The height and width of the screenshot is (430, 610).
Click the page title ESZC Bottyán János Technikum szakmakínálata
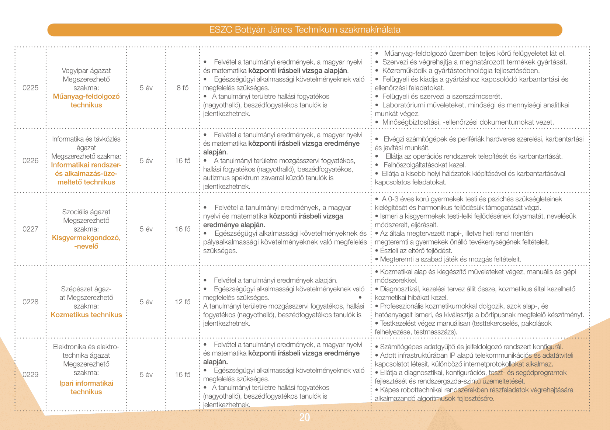pos(305,30)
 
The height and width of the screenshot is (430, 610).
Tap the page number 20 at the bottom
pos(305,417)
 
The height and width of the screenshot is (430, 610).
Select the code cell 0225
pos(30,88)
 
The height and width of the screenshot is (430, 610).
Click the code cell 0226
pos(30,161)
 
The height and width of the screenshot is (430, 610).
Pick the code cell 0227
pos(30,229)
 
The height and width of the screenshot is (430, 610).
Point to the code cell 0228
pos(30,302)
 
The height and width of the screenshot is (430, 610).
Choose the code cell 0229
pos(30,375)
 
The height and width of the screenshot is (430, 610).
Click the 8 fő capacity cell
pos(183,88)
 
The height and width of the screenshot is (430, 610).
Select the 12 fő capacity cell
pos(183,302)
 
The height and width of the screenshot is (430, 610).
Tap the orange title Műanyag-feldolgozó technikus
pos(86,101)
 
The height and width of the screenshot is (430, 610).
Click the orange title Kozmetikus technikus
pos(86,315)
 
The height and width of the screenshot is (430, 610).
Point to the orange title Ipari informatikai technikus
pos(86,388)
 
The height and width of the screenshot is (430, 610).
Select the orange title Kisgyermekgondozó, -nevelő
pos(86,242)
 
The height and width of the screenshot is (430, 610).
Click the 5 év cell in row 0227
pos(146,229)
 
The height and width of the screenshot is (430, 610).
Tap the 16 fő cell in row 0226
pos(183,161)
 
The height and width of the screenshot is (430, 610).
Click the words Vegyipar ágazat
pos(86,70)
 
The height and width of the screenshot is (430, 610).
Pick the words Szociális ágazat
pos(86,212)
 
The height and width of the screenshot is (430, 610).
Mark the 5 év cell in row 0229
pos(146,375)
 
